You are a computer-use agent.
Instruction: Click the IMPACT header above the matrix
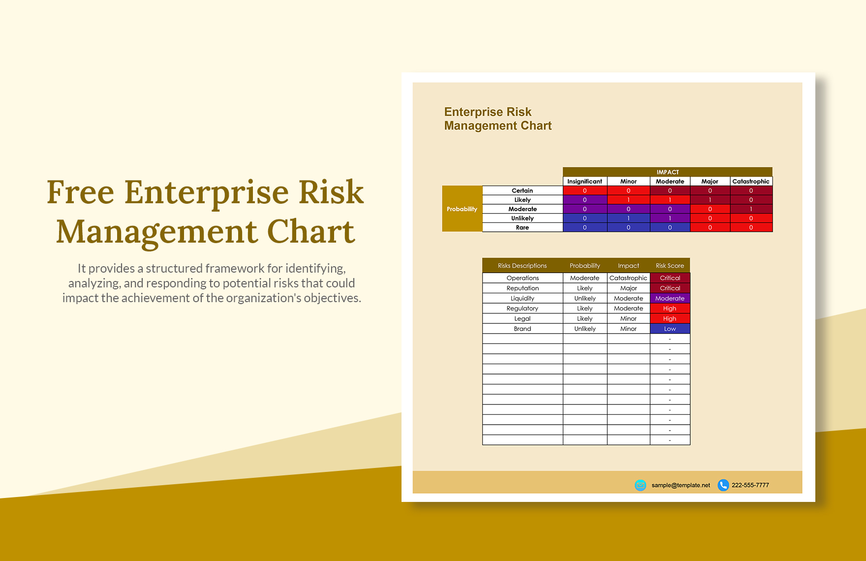click(667, 172)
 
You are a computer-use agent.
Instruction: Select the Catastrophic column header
click(750, 181)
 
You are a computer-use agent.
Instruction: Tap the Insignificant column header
click(585, 181)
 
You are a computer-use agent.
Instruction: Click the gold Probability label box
click(462, 209)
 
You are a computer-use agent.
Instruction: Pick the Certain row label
click(522, 190)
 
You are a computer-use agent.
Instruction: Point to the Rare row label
click(522, 227)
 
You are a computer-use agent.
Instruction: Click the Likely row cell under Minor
click(628, 200)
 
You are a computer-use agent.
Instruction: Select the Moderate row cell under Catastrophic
click(750, 209)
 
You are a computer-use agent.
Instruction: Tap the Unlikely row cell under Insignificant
click(585, 218)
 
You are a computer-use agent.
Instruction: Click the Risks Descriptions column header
click(522, 266)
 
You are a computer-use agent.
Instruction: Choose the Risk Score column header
click(670, 266)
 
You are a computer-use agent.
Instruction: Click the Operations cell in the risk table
click(523, 278)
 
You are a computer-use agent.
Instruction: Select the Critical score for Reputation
click(670, 288)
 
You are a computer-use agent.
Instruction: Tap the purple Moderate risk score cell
click(670, 298)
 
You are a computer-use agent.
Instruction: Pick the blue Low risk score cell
click(670, 329)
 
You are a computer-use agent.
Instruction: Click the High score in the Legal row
click(670, 318)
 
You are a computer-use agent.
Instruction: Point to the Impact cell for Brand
click(628, 329)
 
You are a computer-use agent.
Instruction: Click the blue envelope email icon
click(640, 485)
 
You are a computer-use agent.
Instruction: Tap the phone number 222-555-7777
click(750, 485)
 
